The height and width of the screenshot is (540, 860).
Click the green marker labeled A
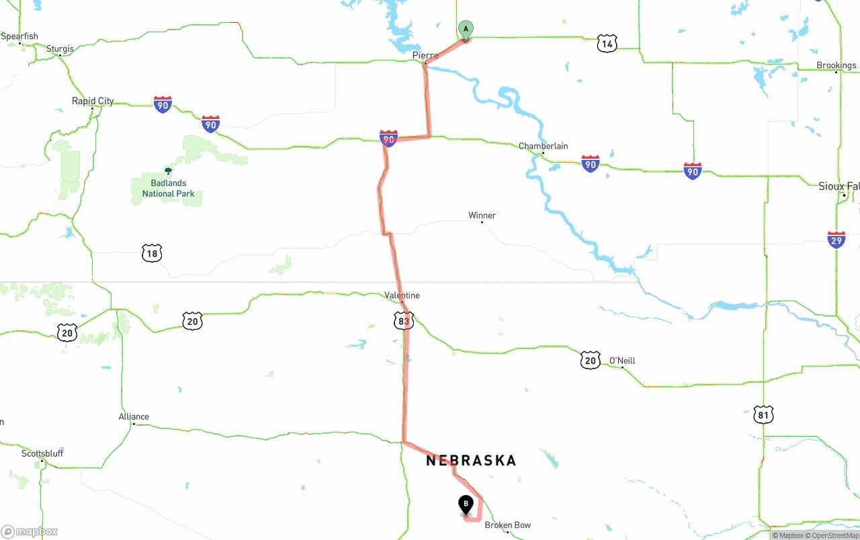[x=466, y=30]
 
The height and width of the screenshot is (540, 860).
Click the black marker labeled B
[x=466, y=504]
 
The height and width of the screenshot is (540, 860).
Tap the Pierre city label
[x=425, y=56]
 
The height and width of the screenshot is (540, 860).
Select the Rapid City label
[x=93, y=101]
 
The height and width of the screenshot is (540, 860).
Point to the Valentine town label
[x=402, y=295]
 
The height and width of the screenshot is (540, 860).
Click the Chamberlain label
[x=543, y=146]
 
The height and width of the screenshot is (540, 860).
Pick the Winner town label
[x=482, y=215]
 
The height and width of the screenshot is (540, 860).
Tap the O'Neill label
[x=621, y=360]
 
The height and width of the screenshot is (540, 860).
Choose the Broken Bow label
[x=507, y=525]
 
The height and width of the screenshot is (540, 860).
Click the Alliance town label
[x=134, y=416]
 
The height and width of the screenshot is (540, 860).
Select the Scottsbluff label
[x=42, y=453]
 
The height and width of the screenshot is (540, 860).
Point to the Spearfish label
[x=19, y=36]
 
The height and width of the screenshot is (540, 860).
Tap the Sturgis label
[x=60, y=48]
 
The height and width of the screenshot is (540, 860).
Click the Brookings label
[x=836, y=65]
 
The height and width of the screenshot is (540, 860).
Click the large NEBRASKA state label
[x=471, y=461]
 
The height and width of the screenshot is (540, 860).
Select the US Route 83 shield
[x=403, y=321]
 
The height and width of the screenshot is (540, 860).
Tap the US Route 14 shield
[x=607, y=44]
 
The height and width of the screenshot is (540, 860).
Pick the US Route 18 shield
[x=152, y=253]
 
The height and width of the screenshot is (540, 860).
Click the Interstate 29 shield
[x=836, y=239]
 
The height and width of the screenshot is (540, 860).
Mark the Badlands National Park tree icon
[x=168, y=171]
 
